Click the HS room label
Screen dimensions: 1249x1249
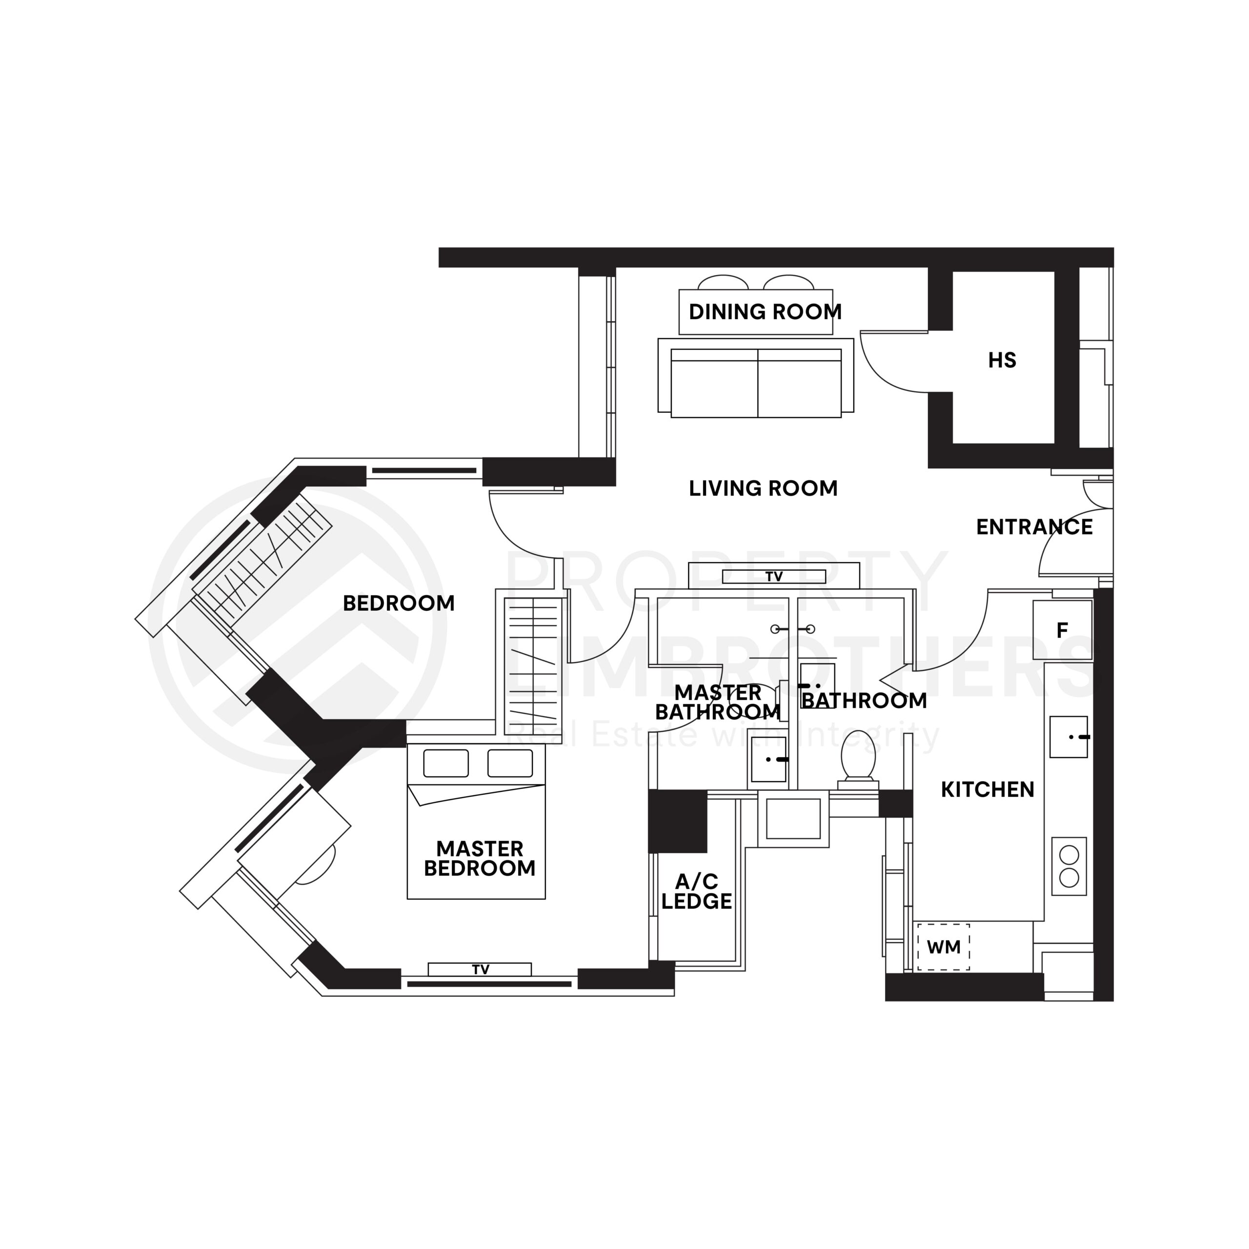[x=1002, y=360]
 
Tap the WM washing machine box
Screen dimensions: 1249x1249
[x=943, y=947]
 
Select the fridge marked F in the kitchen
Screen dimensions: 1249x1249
[x=1062, y=630]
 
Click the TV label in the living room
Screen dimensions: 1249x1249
[x=773, y=577]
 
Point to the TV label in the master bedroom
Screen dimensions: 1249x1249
[x=480, y=969]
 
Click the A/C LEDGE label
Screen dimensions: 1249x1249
[x=696, y=891]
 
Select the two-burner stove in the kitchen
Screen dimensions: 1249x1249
[x=1068, y=866]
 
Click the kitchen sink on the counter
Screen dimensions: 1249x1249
[x=1068, y=736]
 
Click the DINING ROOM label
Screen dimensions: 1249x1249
[x=765, y=312]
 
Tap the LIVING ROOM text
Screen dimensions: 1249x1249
[x=763, y=488]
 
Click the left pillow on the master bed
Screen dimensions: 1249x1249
[x=445, y=764]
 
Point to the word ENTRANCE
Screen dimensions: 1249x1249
[x=1034, y=527]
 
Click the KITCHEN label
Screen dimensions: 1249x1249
[x=987, y=789]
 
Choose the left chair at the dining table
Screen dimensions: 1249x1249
[x=723, y=282]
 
